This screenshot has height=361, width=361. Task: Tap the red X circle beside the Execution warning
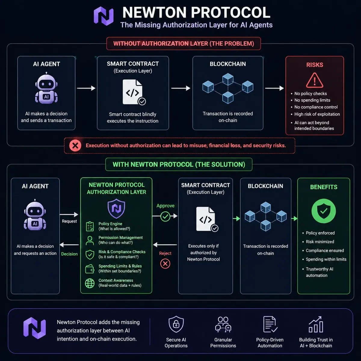pyautogui.click(x=75, y=146)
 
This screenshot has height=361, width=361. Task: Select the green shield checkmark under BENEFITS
pyautogui.click(x=323, y=211)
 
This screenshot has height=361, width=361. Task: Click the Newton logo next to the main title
pyautogui.click(x=103, y=16)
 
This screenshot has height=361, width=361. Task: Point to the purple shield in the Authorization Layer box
pyautogui.click(x=116, y=208)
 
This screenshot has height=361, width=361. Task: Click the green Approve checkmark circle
pyautogui.click(x=165, y=217)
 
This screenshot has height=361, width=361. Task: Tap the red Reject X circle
pyautogui.click(x=165, y=264)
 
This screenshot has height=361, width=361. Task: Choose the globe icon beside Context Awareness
pyautogui.click(x=90, y=283)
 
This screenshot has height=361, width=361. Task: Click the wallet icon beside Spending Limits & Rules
pyautogui.click(x=90, y=269)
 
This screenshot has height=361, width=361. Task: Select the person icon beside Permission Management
pyautogui.click(x=90, y=241)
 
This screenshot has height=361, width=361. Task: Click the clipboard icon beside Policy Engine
pyautogui.click(x=90, y=226)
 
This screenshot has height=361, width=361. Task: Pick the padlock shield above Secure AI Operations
pyautogui.click(x=176, y=324)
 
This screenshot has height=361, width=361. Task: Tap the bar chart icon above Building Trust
pyautogui.click(x=316, y=324)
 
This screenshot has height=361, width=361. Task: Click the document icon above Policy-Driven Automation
pyautogui.click(x=270, y=324)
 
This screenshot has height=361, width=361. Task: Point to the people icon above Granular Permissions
pyautogui.click(x=223, y=324)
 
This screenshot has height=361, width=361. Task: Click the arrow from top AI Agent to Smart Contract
pyautogui.click(x=86, y=88)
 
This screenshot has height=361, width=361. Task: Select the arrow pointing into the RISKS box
pyautogui.click(x=274, y=88)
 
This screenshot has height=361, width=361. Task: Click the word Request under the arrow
pyautogui.click(x=69, y=221)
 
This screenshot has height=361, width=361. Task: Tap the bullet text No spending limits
pyautogui.click(x=312, y=100)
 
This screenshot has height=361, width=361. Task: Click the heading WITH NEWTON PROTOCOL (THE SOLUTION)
pyautogui.click(x=179, y=165)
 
